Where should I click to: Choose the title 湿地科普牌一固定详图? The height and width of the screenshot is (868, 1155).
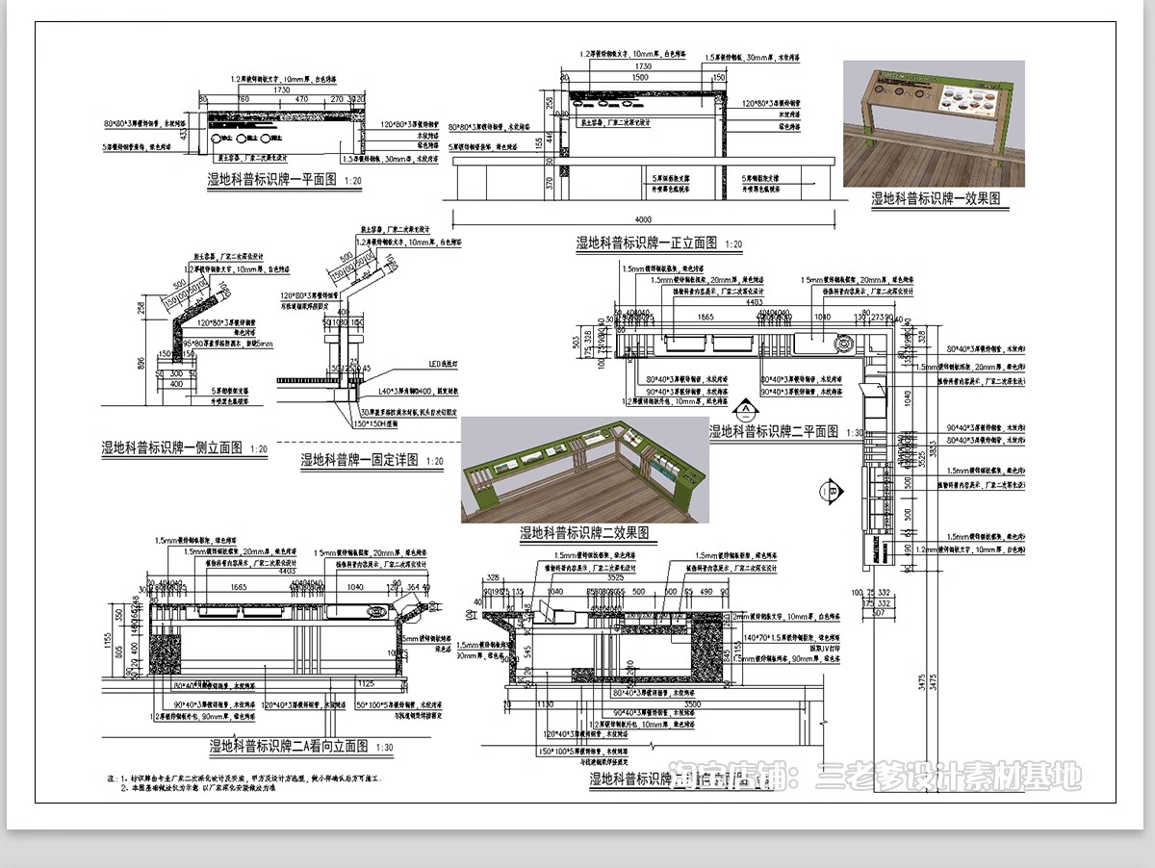pos(359,460)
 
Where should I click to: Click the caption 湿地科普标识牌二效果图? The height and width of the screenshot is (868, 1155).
pos(583,532)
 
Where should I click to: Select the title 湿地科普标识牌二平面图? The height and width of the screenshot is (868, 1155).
pos(774,431)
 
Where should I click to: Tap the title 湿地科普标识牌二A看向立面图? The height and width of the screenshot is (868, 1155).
pos(290,746)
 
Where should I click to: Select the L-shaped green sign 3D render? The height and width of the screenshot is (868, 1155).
pos(584,470)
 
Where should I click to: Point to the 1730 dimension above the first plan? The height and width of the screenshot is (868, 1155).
pos(281,89)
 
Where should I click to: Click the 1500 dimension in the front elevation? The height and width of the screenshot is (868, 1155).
pos(633,76)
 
